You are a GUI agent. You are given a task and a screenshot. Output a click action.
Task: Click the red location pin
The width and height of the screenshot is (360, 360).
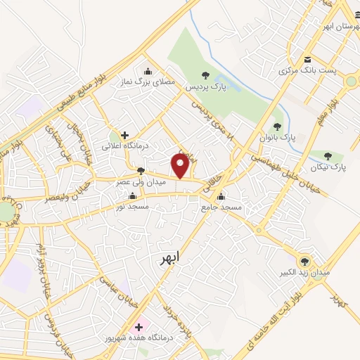tap(181, 165)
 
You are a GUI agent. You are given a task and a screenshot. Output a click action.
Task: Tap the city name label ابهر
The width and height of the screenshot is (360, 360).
tap(169, 258)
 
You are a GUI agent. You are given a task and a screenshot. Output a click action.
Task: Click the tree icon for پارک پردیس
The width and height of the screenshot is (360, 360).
tap(205, 74)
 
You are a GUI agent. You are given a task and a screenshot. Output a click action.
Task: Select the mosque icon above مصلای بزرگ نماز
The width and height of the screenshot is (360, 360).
tap(147, 70)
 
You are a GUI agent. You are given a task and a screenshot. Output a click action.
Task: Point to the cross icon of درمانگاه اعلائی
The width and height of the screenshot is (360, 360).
tap(124, 134)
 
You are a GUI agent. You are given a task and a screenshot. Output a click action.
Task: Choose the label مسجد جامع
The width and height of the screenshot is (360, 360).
tap(221, 209)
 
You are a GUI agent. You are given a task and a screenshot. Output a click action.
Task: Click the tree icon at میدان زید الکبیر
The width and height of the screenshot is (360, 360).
tap(304, 260)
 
